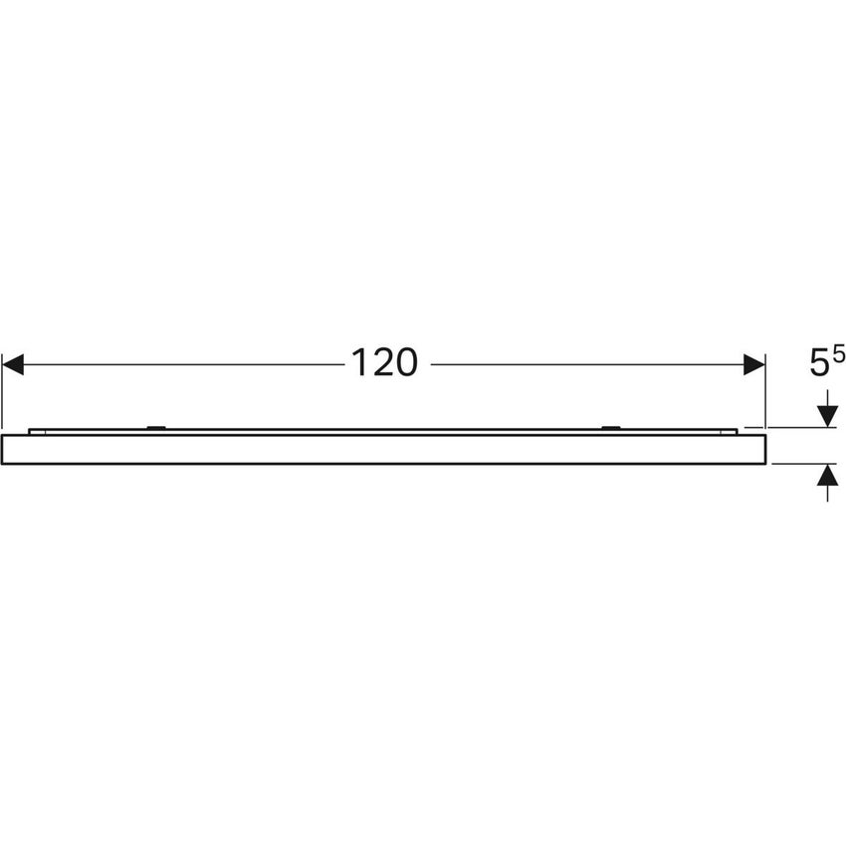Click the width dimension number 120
[x=383, y=363]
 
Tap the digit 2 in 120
[x=383, y=363]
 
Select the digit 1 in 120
[x=359, y=363]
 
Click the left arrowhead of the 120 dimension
[x=12, y=364]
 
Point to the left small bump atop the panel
[x=154, y=428]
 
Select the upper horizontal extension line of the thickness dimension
[x=801, y=428]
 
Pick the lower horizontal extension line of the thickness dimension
[x=801, y=464]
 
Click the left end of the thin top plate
[x=31, y=431]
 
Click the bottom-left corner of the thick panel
[x=3, y=464]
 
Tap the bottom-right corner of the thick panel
[x=764, y=464]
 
